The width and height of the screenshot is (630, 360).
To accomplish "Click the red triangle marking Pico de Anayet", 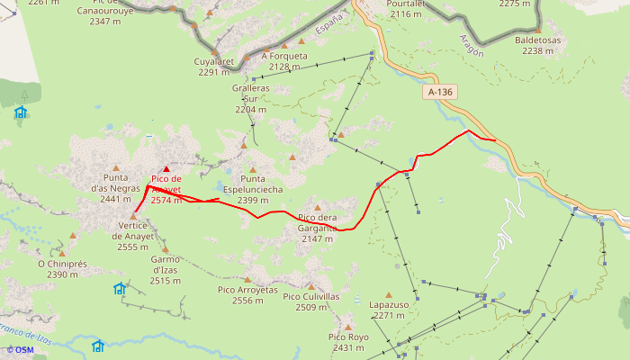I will click(166, 168).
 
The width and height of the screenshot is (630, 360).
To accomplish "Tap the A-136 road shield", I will click(440, 92).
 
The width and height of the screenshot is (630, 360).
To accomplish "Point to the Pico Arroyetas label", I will click(247, 295).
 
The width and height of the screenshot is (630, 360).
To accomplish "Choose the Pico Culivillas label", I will click(310, 301).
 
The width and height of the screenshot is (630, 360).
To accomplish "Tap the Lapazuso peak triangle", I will click(389, 294).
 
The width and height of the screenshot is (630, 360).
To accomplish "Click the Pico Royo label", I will click(348, 342).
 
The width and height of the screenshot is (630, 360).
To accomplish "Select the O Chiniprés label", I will click(62, 269).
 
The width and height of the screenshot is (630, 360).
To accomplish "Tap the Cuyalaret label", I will click(214, 67).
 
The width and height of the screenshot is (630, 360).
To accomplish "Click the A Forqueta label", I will click(284, 61).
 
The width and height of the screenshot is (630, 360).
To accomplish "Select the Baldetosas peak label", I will click(538, 46).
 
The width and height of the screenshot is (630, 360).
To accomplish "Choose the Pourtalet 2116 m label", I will click(406, 9).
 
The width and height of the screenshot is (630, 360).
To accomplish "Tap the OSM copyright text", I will click(20, 350).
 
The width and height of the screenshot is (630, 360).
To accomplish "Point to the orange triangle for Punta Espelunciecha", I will click(253, 169).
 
